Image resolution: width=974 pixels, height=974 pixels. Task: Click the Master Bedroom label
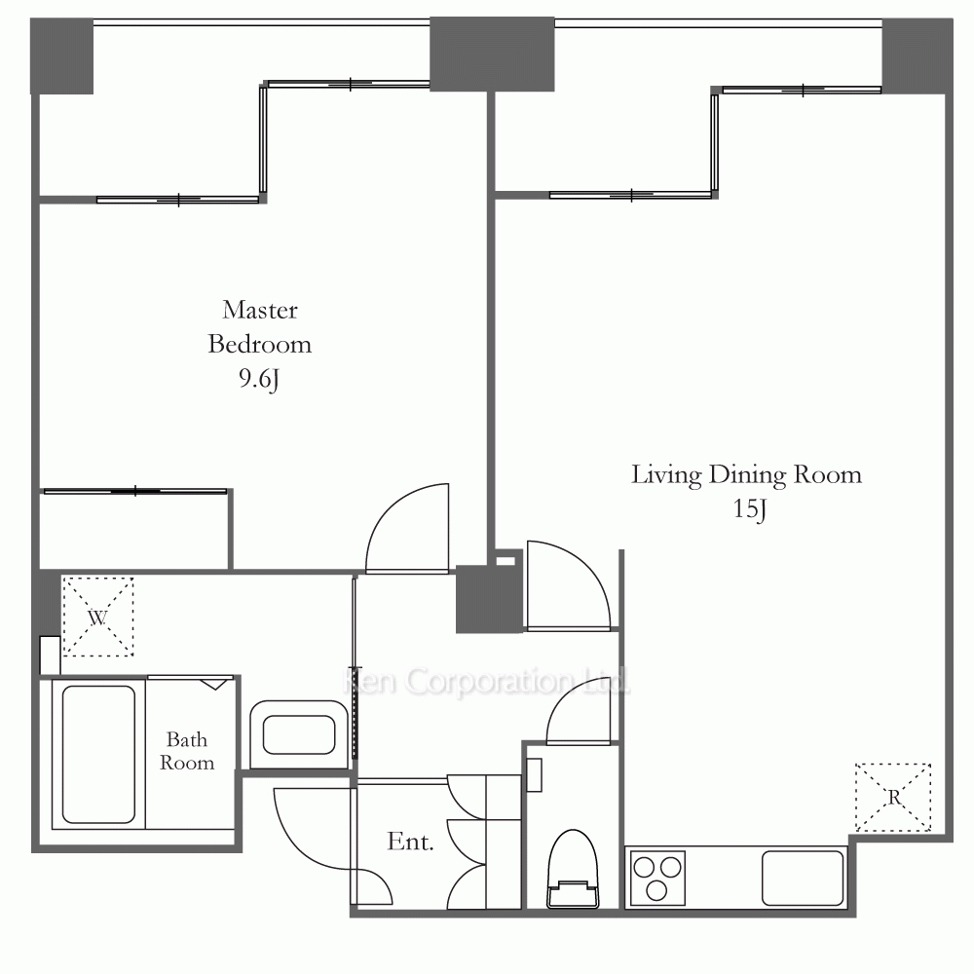(260, 326)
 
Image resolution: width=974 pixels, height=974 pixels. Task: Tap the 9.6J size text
(258, 378)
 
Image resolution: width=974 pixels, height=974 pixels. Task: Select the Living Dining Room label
(747, 475)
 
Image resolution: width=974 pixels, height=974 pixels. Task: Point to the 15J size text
(749, 508)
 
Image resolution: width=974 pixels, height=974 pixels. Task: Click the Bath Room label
(187, 750)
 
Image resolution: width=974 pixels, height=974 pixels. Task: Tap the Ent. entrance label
(410, 842)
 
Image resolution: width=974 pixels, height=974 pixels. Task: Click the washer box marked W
(98, 617)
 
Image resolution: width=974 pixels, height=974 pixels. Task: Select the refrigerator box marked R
(893, 797)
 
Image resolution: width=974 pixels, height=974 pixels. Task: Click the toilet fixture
(573, 869)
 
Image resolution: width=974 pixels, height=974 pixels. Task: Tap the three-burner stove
(657, 878)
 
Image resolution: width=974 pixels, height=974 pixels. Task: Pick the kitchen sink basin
(803, 879)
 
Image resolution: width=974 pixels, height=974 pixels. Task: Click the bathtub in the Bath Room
(98, 754)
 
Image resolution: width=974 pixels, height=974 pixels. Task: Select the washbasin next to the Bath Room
(299, 734)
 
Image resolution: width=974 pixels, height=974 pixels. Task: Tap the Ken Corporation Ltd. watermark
(486, 682)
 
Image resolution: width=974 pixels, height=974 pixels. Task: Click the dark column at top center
(492, 54)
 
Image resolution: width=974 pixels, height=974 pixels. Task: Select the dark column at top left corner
(62, 56)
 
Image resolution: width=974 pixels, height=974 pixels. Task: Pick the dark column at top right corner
(918, 56)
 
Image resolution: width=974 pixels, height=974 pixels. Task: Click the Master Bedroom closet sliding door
(135, 491)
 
